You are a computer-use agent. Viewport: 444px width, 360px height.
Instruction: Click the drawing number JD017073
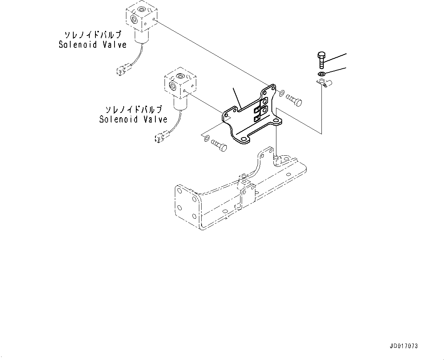click(404, 346)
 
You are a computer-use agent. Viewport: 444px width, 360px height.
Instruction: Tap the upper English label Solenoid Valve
click(92, 45)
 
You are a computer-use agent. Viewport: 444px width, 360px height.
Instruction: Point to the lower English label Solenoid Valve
click(133, 119)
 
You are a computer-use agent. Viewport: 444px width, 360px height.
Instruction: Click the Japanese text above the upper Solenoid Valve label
click(93, 35)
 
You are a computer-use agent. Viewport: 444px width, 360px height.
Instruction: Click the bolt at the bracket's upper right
click(294, 101)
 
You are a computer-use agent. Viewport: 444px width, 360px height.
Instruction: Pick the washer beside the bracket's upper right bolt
click(281, 92)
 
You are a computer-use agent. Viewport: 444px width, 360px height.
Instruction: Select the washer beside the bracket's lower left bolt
click(206, 138)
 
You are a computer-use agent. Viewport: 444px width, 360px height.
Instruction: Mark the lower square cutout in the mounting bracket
click(257, 119)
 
